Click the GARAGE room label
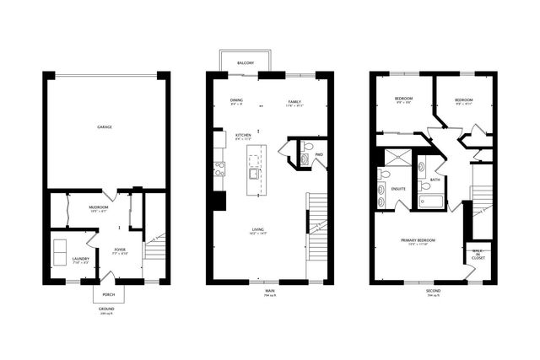click(x=105, y=127)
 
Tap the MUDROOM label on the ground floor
click(x=99, y=207)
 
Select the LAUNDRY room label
click(x=81, y=259)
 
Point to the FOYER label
click(x=120, y=250)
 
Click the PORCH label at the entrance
click(x=109, y=294)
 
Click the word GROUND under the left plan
click(x=106, y=309)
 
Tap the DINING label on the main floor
click(x=236, y=100)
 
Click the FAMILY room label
click(x=294, y=100)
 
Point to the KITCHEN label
click(x=242, y=135)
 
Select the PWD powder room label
click(x=319, y=155)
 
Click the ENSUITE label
click(x=397, y=188)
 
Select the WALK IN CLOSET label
click(x=478, y=254)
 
